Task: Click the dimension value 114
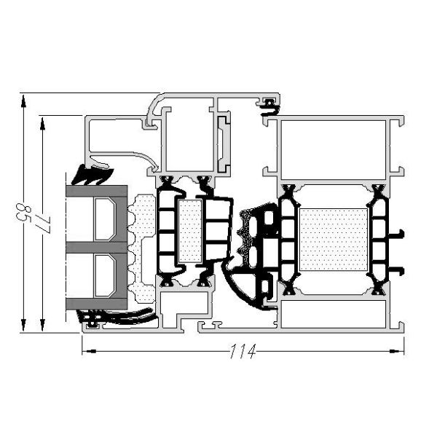242,353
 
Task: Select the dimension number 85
20,214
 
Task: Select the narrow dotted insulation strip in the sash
190,231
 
